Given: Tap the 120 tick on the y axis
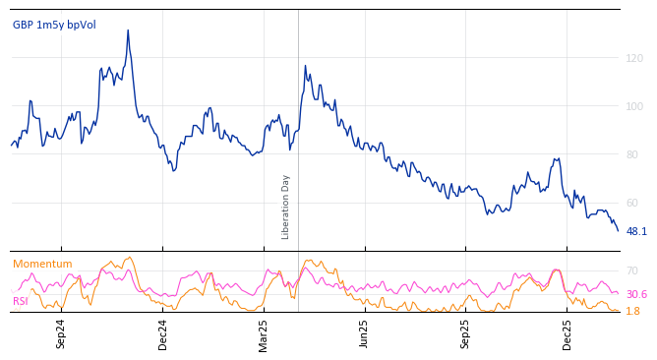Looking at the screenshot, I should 634,58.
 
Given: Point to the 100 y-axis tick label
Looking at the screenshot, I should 634,106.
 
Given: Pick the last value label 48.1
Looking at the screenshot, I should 636,232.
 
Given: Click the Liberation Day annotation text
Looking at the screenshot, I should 286,207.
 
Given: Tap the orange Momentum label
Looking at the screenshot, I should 42,264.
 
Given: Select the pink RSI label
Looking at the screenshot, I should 21,301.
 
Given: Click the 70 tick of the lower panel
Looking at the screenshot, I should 631,270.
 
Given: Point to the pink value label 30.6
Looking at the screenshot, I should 636,294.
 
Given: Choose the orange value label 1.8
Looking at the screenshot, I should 633,311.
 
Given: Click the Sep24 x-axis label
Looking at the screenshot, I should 61,333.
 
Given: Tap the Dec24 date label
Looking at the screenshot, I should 163,333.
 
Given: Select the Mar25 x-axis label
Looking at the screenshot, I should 264,333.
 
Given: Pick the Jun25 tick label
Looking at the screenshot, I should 364,333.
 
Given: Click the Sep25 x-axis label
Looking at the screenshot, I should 465,333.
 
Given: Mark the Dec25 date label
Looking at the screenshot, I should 567,333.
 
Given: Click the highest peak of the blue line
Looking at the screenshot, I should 128,30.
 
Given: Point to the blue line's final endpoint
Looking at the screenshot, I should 618,230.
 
